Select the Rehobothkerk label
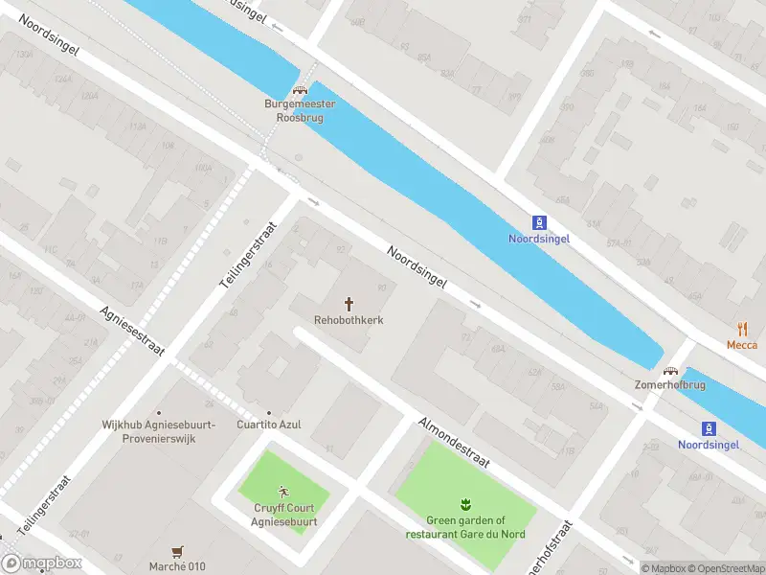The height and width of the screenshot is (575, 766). click(349, 320)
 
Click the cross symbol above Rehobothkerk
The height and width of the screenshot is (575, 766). click(349, 303)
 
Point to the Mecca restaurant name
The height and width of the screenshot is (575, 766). click(741, 345)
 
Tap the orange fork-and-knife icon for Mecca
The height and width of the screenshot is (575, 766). click(742, 329)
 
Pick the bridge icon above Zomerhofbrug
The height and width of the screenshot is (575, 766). click(671, 371)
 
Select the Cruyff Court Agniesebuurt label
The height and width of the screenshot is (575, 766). click(285, 516)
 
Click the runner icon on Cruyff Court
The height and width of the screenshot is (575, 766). click(284, 492)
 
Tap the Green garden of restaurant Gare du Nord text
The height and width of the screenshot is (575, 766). click(463, 528)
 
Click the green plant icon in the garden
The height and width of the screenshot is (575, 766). click(464, 504)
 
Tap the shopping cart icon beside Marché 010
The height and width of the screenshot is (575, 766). click(177, 552)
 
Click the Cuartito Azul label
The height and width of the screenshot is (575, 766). click(270, 425)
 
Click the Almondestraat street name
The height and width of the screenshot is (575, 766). click(454, 443)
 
